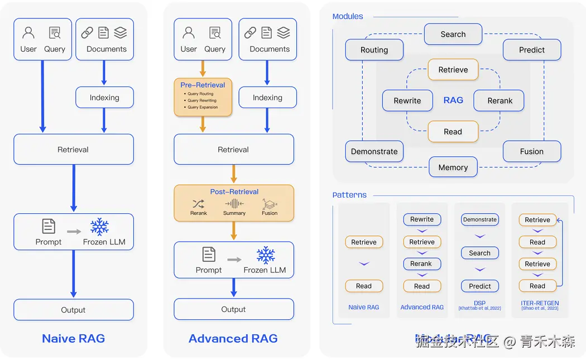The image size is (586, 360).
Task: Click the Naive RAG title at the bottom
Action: coord(73,338)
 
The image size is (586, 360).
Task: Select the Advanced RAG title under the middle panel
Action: coord(233,338)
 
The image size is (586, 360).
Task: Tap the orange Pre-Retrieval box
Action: coord(203,97)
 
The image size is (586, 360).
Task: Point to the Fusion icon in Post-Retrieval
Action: coord(270,204)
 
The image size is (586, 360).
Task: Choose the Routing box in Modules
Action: coord(374,50)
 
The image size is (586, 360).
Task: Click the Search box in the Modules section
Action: coord(453,34)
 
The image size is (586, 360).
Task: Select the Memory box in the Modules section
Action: coord(453,167)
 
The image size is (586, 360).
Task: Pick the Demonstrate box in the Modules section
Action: coord(374,151)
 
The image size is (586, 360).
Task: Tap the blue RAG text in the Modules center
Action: coord(453,100)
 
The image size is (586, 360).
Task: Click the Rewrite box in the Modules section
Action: coord(407,100)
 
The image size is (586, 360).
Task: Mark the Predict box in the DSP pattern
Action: coord(479,286)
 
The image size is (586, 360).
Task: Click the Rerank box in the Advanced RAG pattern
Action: coord(421,263)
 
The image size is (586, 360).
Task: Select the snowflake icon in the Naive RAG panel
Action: coord(99,227)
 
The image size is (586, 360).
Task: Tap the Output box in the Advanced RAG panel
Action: coord(233,309)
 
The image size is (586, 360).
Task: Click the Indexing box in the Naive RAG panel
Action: coord(104,97)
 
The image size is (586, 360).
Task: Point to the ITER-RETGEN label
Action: coord(540,304)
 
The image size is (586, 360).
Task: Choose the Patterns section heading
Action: coord(349,195)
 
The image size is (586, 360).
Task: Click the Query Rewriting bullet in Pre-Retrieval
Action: coord(202,100)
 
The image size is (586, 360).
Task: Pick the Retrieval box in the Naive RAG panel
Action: coord(73,149)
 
